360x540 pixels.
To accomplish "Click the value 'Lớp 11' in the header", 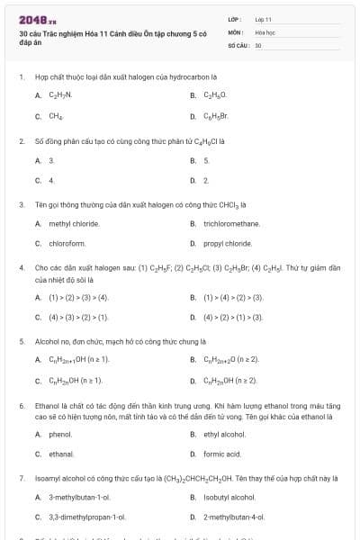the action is coord(263,19).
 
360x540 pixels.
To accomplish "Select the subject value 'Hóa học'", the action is coord(265,31).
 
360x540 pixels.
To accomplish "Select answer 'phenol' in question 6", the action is coord(60,434).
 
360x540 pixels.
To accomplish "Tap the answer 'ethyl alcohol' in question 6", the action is coord(224,434).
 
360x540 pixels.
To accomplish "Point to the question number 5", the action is coord(21,342).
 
